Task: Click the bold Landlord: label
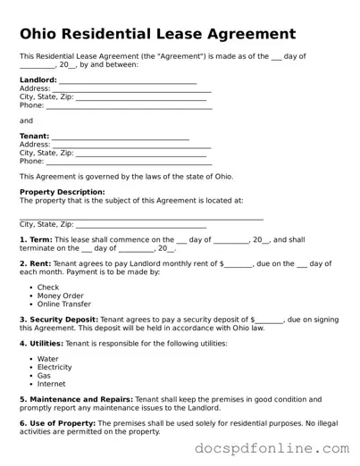click(38, 80)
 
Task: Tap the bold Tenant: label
click(35, 137)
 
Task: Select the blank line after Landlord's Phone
click(129, 105)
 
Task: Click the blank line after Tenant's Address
click(131, 145)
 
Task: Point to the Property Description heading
click(63, 192)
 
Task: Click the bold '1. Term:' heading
click(36, 240)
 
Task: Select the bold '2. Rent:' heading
click(36, 264)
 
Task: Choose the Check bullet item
click(48, 287)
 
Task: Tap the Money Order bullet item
click(61, 295)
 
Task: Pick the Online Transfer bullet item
click(65, 304)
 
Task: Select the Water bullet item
click(48, 359)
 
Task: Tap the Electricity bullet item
click(54, 367)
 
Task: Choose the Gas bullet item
click(45, 376)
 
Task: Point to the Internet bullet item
click(52, 384)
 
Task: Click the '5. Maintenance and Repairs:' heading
click(76, 399)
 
